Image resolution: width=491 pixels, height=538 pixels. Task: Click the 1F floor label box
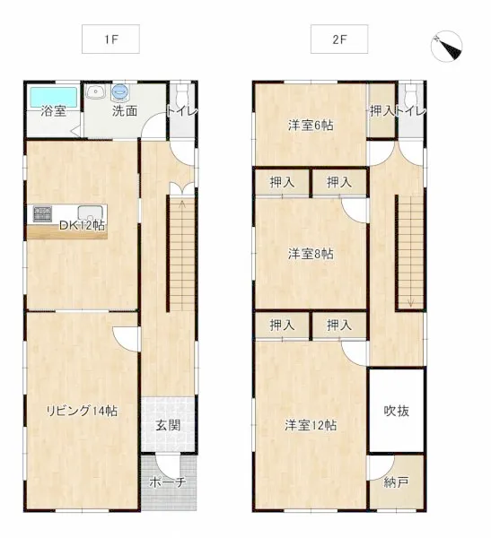pos(110,39)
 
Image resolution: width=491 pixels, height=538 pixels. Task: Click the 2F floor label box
pos(339,39)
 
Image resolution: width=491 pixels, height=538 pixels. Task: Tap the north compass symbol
pos(446,46)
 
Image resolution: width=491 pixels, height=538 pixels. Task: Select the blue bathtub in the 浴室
pos(53,97)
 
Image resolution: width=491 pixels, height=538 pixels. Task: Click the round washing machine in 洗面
pos(120,93)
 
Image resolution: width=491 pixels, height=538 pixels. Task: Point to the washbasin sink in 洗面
pos(96,92)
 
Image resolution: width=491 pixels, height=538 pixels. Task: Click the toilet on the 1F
pos(181,94)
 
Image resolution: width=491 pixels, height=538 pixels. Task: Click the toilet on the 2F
pos(410,94)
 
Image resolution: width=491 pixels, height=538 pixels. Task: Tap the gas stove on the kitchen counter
pos(42,214)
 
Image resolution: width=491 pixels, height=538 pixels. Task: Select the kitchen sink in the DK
pos(90,213)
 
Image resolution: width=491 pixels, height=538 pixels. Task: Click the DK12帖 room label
pos(83,225)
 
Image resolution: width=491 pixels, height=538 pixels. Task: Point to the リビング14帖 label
pos(82,411)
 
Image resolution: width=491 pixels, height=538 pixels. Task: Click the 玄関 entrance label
pos(168,425)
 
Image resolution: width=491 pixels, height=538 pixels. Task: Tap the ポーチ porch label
pos(168,482)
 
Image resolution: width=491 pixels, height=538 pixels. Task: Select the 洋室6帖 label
pos(311,126)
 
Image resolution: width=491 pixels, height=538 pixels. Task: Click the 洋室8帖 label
pos(311,254)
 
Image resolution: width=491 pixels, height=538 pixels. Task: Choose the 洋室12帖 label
pos(311,425)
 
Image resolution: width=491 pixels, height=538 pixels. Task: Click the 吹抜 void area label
pos(397,411)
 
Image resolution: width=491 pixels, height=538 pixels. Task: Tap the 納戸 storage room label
pos(397,482)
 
